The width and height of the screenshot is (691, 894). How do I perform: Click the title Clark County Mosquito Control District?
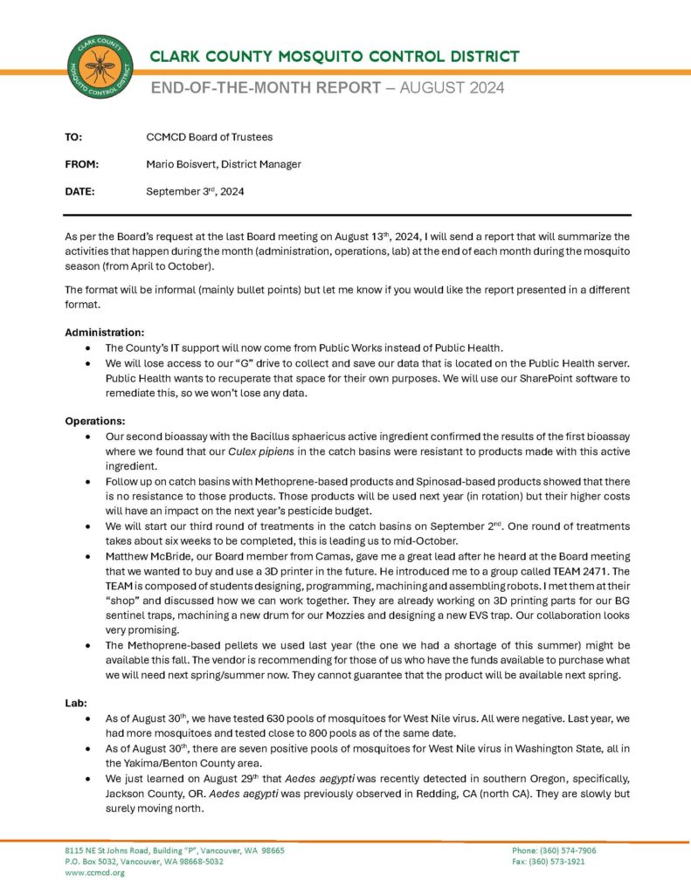click(x=335, y=57)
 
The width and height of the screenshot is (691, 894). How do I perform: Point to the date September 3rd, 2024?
click(x=195, y=191)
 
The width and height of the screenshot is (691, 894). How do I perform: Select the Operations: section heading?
click(x=95, y=421)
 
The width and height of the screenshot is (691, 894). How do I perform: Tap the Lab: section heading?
click(x=76, y=701)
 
